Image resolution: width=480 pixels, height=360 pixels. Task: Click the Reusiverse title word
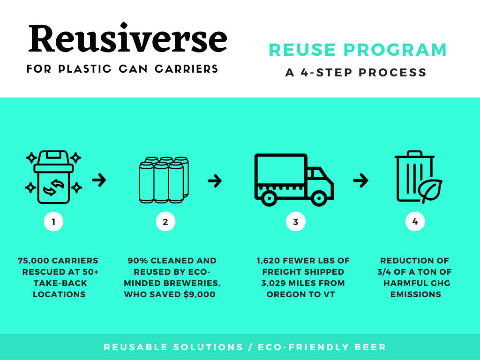click(x=127, y=39)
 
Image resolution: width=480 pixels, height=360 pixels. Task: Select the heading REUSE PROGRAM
click(x=358, y=50)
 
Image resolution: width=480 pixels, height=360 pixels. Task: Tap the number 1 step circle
click(x=53, y=222)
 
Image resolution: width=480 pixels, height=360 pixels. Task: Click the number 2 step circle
click(x=165, y=222)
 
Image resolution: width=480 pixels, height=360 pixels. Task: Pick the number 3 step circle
click(x=295, y=222)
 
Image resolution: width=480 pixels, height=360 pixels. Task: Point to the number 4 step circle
click(x=415, y=222)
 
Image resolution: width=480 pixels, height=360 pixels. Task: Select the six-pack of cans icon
click(x=164, y=180)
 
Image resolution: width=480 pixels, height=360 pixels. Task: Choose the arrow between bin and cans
click(x=99, y=180)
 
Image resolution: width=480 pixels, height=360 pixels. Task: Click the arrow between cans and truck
click(x=215, y=180)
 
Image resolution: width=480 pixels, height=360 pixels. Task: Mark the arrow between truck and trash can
click(x=360, y=180)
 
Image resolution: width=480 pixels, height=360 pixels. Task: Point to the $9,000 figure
click(x=202, y=295)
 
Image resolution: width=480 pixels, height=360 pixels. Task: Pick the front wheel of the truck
click(x=320, y=198)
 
